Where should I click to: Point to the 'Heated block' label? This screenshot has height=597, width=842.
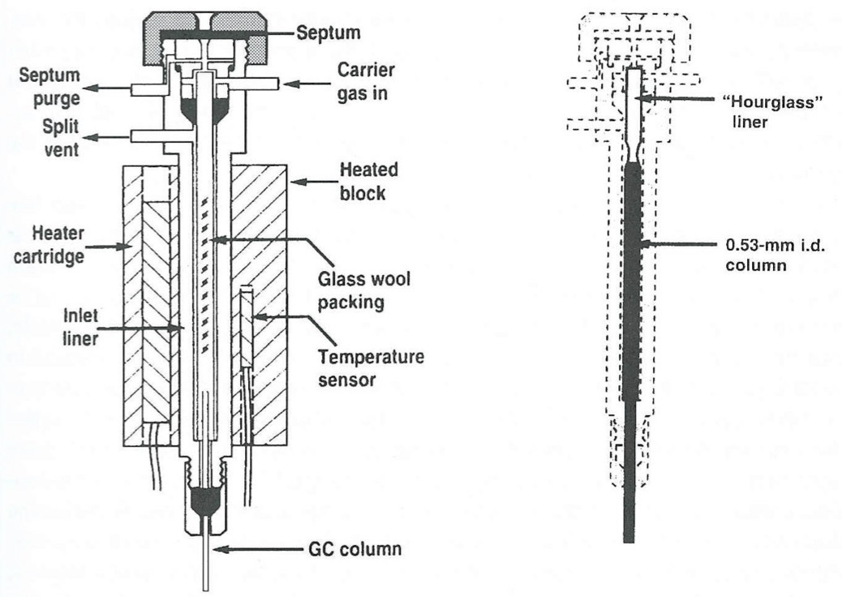pos(369,180)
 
